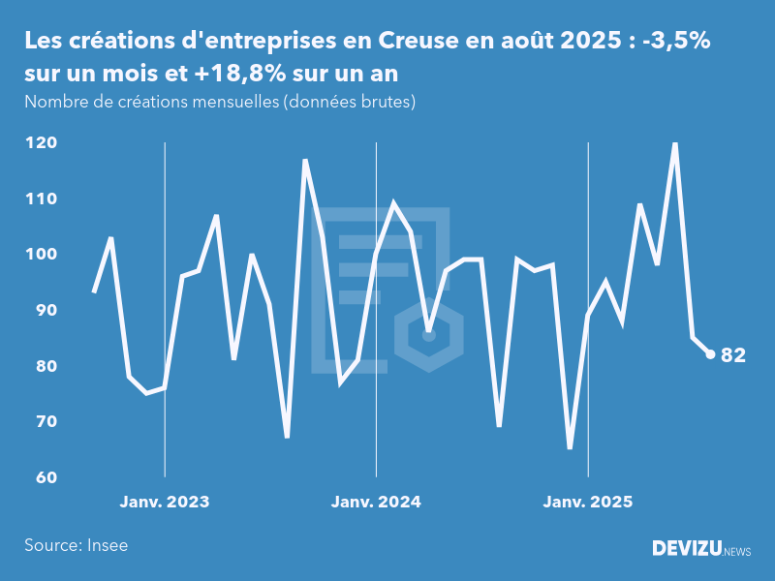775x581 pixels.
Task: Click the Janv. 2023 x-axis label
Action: pyautogui.click(x=165, y=502)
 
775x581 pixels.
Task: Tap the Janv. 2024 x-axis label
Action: pyautogui.click(x=376, y=502)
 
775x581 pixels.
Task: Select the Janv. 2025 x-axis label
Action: pyautogui.click(x=588, y=502)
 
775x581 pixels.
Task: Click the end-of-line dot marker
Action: pyautogui.click(x=710, y=354)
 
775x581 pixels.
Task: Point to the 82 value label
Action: pyautogui.click(x=733, y=355)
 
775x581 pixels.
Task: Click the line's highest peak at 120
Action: pyautogui.click(x=675, y=144)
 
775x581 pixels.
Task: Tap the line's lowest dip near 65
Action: pyautogui.click(x=570, y=447)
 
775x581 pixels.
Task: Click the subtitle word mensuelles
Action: pyautogui.click(x=232, y=102)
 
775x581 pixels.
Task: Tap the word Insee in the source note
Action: pyautogui.click(x=107, y=545)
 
